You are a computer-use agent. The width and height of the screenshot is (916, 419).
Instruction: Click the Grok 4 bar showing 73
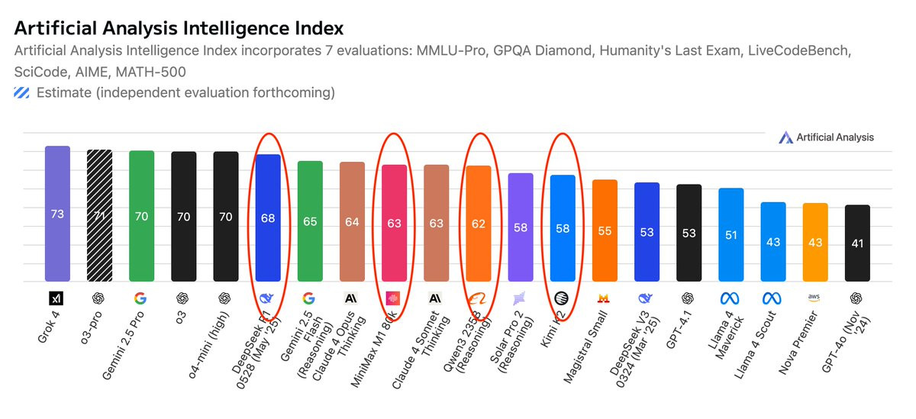[x=57, y=214]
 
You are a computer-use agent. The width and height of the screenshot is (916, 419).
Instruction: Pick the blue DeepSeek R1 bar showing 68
[x=268, y=218]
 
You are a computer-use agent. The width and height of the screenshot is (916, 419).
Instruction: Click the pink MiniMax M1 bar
[x=394, y=223]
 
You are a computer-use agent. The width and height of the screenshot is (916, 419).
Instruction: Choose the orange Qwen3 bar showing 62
[x=479, y=223]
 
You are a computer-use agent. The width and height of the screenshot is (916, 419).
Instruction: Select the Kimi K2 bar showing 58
[x=563, y=227]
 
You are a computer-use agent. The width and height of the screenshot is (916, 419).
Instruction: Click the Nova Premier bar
[x=815, y=242]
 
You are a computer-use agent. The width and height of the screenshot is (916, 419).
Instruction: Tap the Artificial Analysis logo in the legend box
[x=786, y=137]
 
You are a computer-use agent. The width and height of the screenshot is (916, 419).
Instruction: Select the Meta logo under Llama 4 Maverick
[x=731, y=298]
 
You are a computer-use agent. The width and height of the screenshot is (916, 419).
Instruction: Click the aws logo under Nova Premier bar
[x=815, y=298]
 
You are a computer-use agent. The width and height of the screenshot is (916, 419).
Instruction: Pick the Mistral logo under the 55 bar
[x=605, y=298]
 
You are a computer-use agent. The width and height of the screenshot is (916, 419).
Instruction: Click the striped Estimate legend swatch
[x=21, y=93]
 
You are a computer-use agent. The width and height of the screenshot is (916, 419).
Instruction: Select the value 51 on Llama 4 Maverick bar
[x=731, y=234]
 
